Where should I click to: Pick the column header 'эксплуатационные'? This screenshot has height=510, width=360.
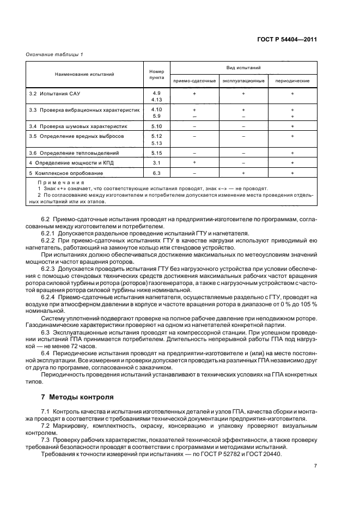tap(243, 81)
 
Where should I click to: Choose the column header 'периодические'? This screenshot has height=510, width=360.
tap(292, 81)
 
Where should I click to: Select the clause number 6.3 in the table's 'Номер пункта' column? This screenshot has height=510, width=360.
tap(157, 173)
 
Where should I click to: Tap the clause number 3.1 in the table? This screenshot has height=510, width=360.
tap(157, 163)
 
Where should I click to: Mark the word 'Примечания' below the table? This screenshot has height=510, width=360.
tap(61, 182)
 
